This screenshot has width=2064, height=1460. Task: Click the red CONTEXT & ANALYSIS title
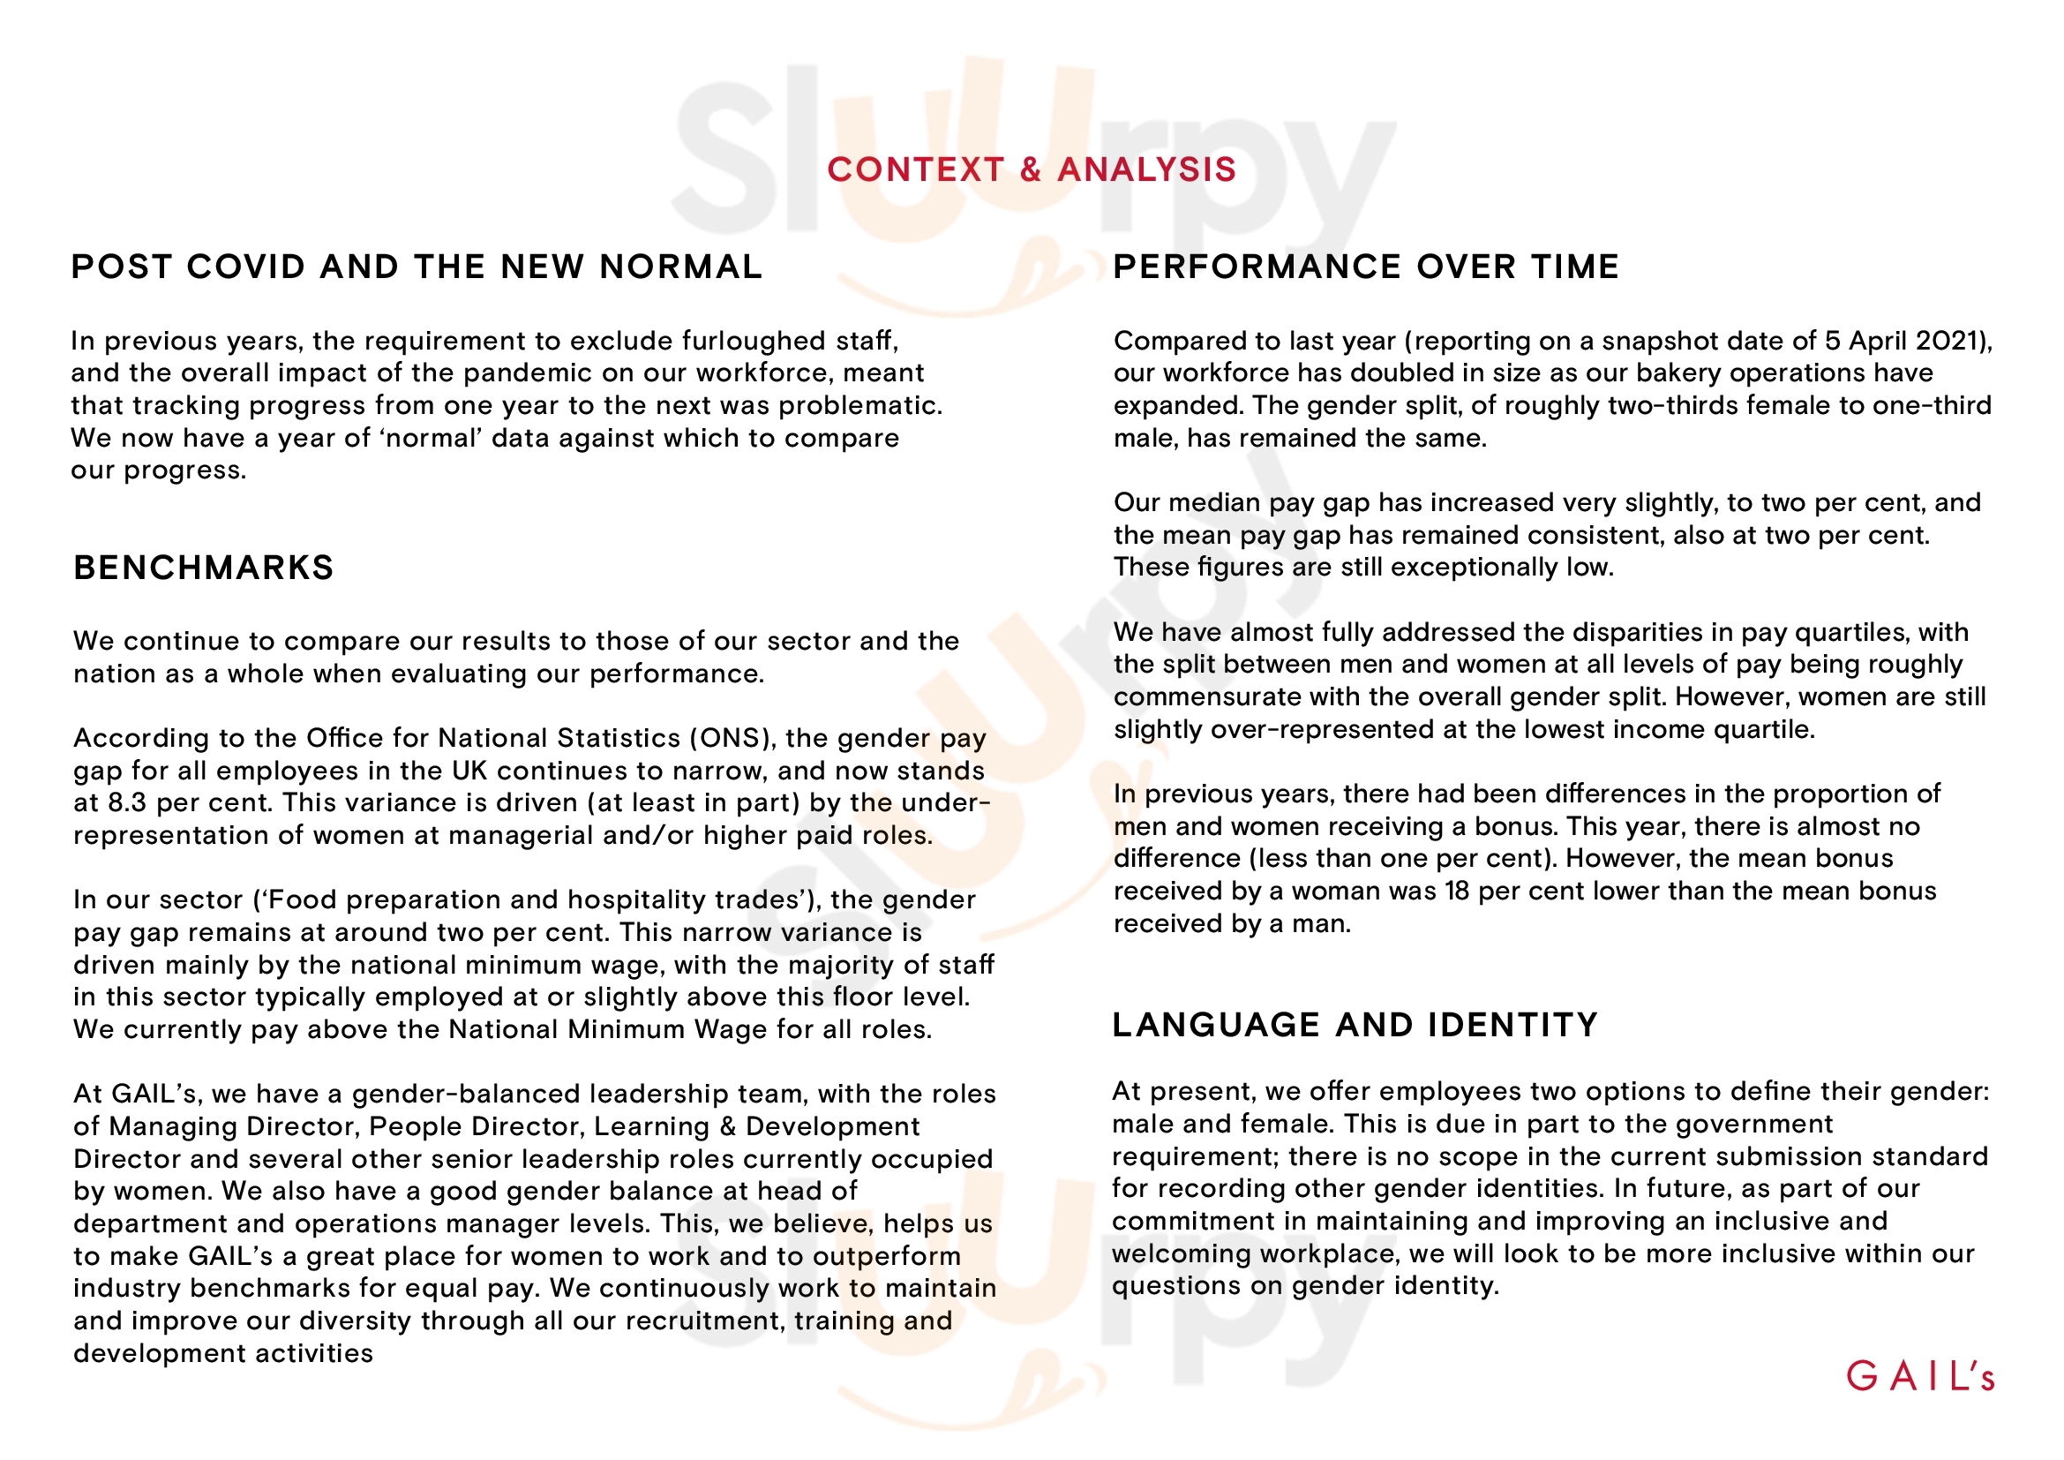[x=1031, y=169]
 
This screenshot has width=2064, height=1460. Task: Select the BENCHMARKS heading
[x=203, y=568]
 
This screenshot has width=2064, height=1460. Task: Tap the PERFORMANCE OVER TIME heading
[x=1365, y=266]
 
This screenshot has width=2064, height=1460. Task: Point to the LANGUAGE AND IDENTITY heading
[x=1355, y=1024]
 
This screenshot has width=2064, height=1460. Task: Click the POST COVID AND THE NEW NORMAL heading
[x=417, y=266]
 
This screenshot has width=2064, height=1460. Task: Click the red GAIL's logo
[x=1920, y=1376]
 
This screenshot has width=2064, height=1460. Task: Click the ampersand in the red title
[x=1031, y=169]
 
